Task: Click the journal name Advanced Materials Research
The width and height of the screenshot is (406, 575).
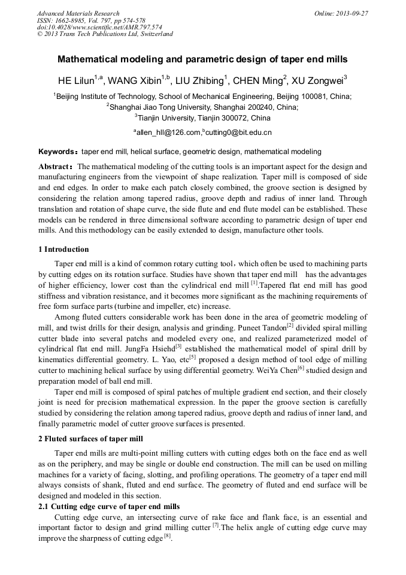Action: pos(78,13)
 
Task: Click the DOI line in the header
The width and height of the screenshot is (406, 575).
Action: pos(99,27)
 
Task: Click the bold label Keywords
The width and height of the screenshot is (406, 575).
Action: pos(56,152)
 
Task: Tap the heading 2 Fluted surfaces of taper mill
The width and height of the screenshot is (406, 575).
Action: pos(91,439)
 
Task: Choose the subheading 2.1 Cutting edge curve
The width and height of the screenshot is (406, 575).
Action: pos(108,507)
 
